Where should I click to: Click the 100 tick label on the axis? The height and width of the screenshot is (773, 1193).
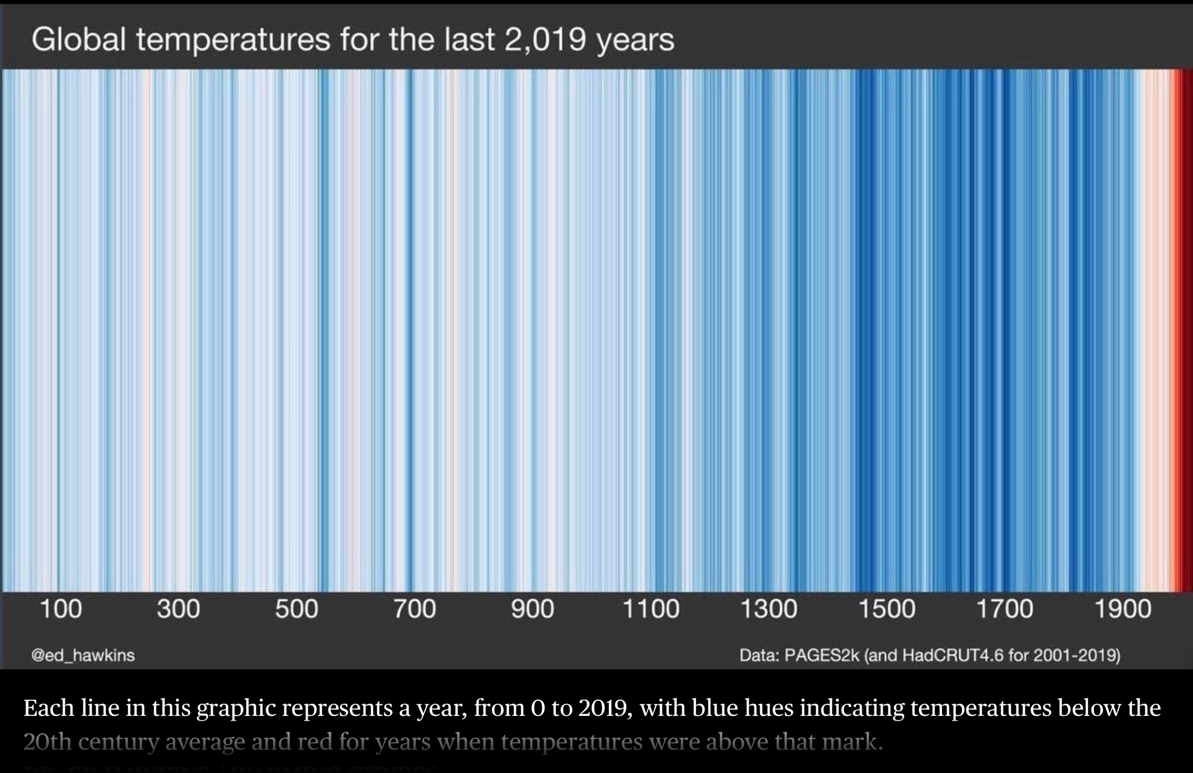[61, 609]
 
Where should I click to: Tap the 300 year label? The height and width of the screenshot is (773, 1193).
[178, 609]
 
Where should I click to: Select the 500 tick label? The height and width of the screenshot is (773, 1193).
[297, 609]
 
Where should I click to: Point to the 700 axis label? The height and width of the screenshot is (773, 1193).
[414, 609]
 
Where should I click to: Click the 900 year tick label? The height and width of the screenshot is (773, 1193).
[532, 609]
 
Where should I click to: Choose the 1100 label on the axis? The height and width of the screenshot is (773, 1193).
[651, 609]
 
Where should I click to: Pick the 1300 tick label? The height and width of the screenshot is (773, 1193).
[768, 609]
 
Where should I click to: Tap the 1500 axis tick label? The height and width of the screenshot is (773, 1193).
[887, 609]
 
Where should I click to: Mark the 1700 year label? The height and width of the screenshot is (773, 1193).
[1004, 609]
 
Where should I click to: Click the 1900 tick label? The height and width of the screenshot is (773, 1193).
[1123, 609]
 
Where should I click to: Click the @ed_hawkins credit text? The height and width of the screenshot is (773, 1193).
[83, 655]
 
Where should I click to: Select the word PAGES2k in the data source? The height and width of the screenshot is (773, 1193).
[822, 655]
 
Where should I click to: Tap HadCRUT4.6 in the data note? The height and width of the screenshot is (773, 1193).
[953, 655]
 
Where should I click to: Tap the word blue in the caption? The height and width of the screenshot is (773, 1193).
[712, 708]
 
